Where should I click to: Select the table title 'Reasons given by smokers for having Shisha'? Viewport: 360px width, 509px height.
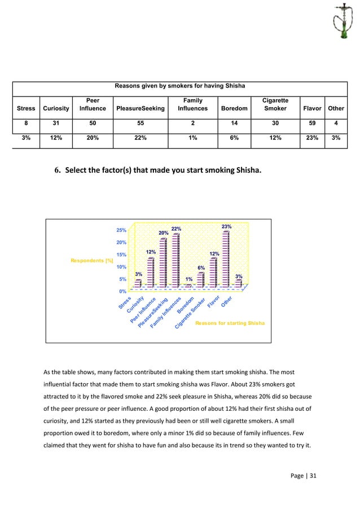pyautogui.click(x=180, y=86)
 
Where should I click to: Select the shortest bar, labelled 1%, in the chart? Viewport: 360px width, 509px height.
pyautogui.click(x=188, y=286)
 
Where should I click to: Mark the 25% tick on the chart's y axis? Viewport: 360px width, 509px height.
pyautogui.click(x=121, y=230)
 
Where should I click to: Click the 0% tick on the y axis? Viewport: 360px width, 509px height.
pyautogui.click(x=122, y=291)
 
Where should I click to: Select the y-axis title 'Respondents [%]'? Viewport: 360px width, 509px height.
pyautogui.click(x=91, y=260)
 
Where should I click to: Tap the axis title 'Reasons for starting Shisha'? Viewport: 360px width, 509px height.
pyautogui.click(x=230, y=323)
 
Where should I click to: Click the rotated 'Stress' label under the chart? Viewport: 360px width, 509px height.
pyautogui.click(x=125, y=303)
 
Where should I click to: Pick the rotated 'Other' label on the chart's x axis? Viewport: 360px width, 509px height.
pyautogui.click(x=226, y=302)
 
